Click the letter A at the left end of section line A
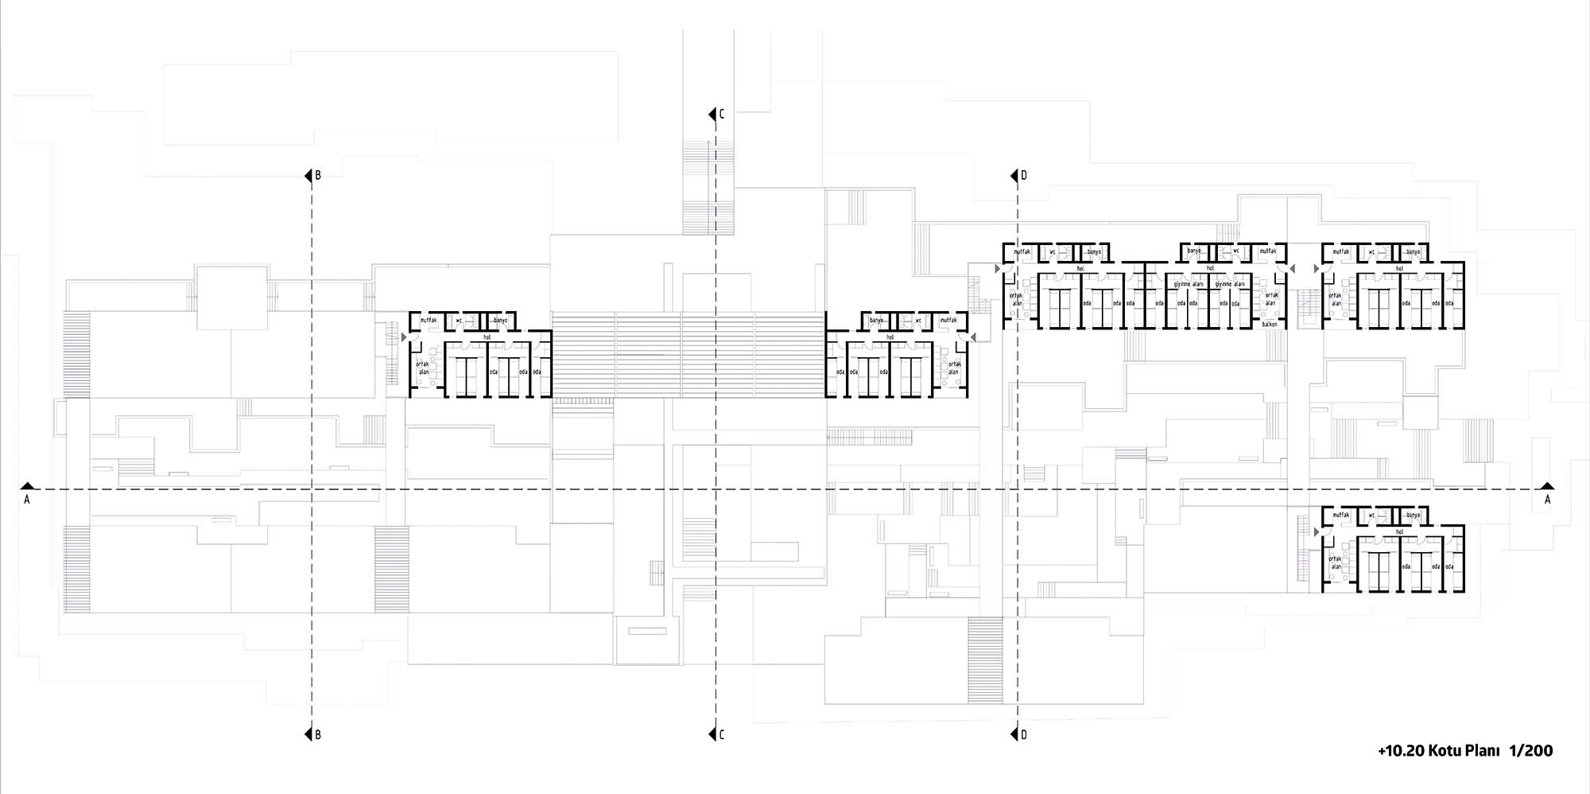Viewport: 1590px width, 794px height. tap(27, 500)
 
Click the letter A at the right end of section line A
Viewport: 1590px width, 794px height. tap(1547, 500)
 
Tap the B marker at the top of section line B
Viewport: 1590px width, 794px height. tap(318, 176)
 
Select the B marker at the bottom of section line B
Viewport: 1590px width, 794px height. tap(318, 735)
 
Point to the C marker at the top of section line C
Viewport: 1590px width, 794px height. tap(722, 115)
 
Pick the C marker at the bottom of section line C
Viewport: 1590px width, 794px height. tap(722, 735)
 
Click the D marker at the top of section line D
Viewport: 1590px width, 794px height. tap(1023, 176)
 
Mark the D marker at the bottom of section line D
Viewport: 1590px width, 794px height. tap(1023, 735)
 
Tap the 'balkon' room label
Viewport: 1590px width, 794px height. tap(1270, 325)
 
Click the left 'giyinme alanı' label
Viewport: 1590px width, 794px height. tap(1189, 284)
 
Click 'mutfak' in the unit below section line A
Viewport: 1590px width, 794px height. tap(1341, 516)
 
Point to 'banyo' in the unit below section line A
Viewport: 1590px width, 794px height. tap(1413, 516)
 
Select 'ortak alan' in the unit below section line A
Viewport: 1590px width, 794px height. tap(1336, 562)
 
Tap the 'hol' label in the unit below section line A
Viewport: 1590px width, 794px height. tap(1399, 531)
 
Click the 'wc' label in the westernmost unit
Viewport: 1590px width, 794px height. tap(459, 321)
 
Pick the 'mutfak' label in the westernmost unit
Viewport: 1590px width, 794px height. tap(428, 321)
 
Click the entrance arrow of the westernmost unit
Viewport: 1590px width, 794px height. tap(404, 338)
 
